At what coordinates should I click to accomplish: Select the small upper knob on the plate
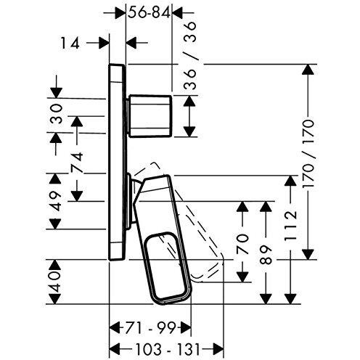pyautogui.click(x=150, y=115)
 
